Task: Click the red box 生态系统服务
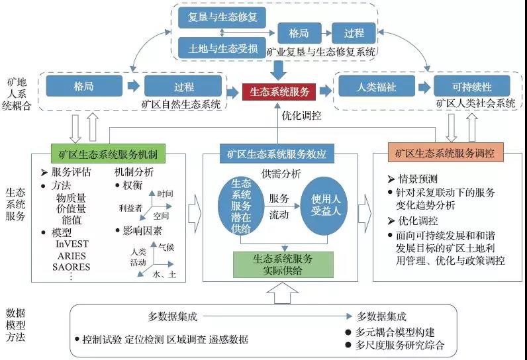click(x=278, y=91)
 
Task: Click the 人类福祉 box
click(x=367, y=86)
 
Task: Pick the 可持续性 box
click(x=463, y=86)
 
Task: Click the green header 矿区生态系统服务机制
click(x=108, y=154)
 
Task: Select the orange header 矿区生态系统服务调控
click(x=447, y=154)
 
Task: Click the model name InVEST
click(x=74, y=244)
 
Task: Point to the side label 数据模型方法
click(x=15, y=325)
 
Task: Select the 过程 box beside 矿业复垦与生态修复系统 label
click(x=357, y=32)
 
